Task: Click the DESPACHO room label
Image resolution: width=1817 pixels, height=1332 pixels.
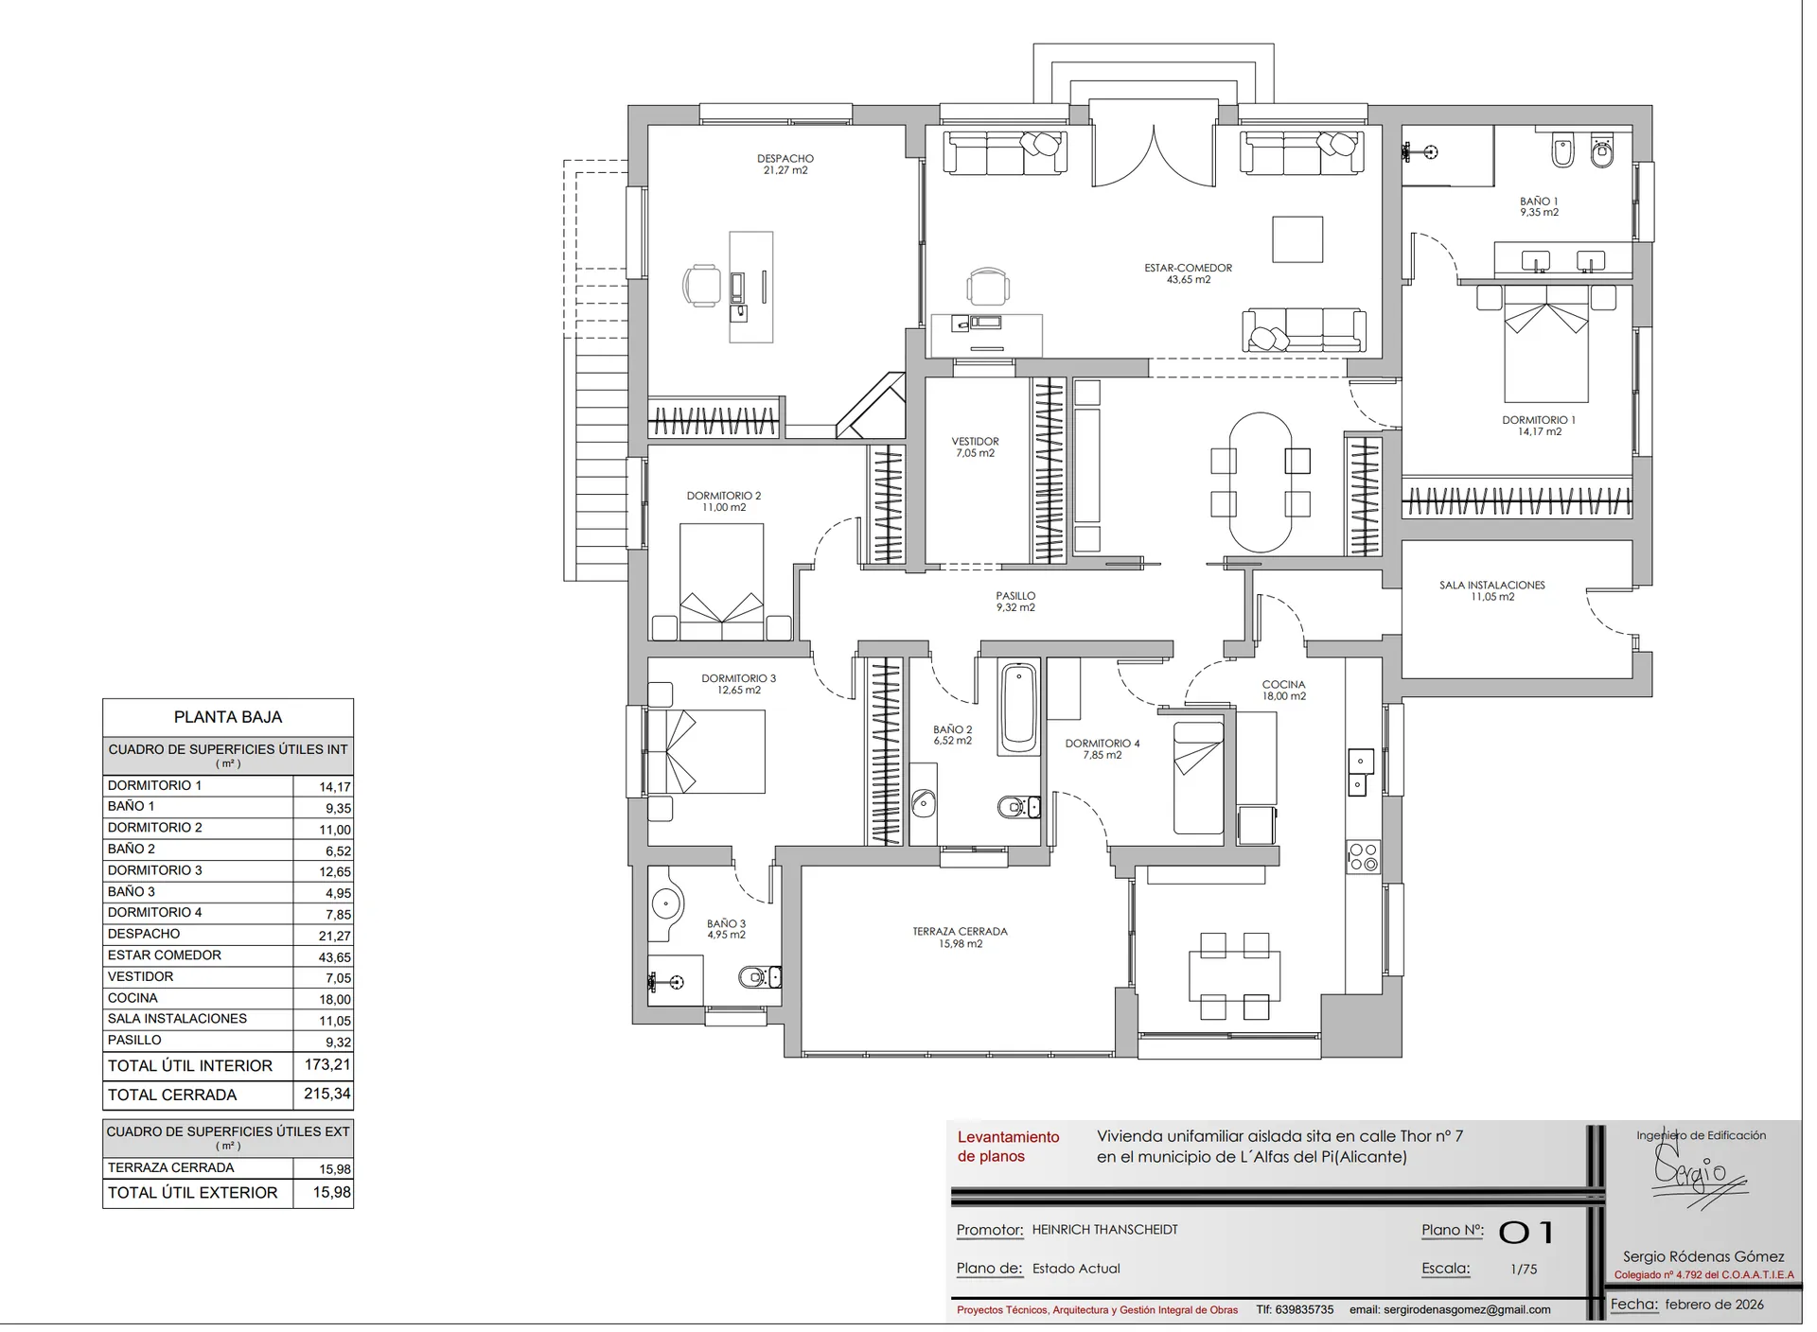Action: [x=785, y=159]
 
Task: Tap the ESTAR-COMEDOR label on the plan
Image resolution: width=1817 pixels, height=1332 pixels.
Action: [x=1188, y=268]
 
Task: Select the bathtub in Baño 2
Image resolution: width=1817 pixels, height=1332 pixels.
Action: [x=1018, y=708]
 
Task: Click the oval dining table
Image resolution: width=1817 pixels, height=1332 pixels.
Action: [x=1260, y=482]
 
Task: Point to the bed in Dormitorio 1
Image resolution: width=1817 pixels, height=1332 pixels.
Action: [x=1546, y=343]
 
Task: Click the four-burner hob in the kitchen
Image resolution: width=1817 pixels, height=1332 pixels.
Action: [x=1363, y=857]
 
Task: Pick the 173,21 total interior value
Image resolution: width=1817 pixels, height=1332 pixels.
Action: [x=327, y=1064]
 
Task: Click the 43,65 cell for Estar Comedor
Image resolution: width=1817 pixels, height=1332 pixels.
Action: [x=335, y=957]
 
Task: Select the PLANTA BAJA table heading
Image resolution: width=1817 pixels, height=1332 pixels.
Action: [x=228, y=717]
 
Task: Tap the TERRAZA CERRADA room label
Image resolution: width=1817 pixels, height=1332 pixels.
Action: [x=960, y=932]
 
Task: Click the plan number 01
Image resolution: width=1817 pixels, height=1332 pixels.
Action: [x=1526, y=1232]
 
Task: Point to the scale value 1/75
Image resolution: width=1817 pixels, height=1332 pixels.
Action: [x=1524, y=1270]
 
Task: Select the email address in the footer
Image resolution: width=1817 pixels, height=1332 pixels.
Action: [x=1450, y=1310]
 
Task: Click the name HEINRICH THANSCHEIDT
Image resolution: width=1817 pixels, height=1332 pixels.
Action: [x=1104, y=1230]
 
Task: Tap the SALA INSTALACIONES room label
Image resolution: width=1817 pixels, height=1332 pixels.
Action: [x=1491, y=586]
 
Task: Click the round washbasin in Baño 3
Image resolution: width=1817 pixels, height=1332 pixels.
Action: [x=666, y=904]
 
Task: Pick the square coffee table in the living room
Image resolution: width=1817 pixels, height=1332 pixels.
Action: [x=1297, y=239]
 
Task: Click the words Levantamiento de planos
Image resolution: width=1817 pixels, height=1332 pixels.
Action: [x=1008, y=1147]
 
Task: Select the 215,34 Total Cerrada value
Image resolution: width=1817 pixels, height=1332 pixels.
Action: [x=327, y=1094]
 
